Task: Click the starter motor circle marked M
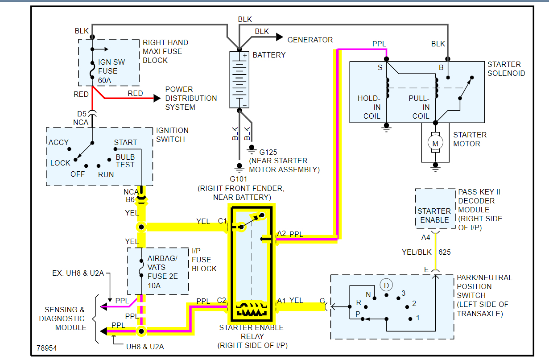point(435,143)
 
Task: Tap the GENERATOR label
point(310,40)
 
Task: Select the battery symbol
point(240,79)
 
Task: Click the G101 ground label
point(239,179)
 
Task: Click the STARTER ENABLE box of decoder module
point(434,215)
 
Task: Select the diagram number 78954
point(46,347)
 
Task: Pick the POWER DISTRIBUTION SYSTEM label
point(191,98)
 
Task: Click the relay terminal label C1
point(222,221)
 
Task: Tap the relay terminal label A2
point(281,233)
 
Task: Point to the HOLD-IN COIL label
point(369,107)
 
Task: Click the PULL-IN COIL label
point(420,107)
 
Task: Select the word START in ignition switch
point(125,142)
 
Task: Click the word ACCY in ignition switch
point(59,142)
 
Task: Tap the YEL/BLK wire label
point(417,252)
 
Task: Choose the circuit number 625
point(444,252)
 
